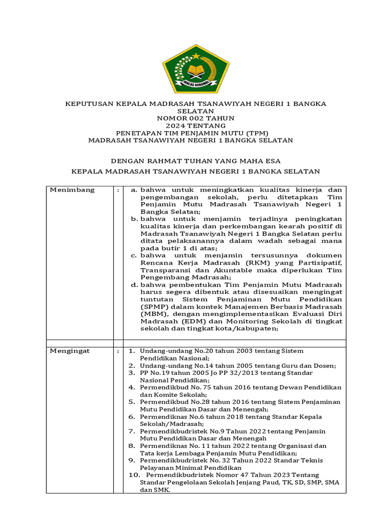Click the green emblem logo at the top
point(195,69)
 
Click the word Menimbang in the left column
point(72,190)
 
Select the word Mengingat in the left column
point(69,351)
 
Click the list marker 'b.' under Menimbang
point(134,219)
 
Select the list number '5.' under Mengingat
point(132,402)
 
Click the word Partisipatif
point(320,263)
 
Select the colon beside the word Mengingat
point(118,351)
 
